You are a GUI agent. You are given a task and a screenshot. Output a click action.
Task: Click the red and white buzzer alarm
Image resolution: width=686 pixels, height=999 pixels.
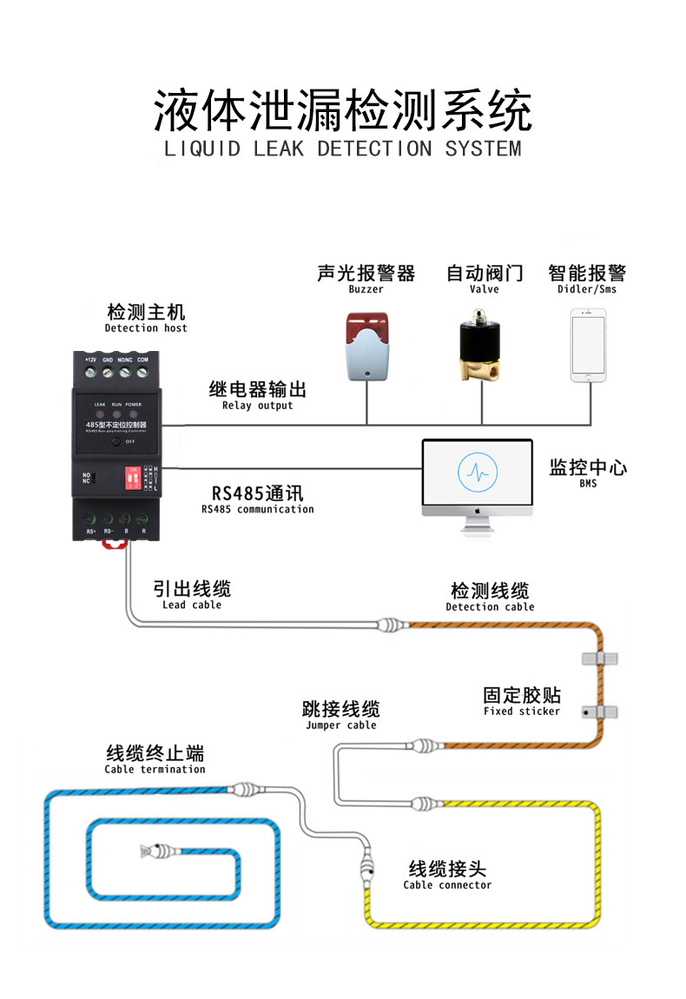(366, 346)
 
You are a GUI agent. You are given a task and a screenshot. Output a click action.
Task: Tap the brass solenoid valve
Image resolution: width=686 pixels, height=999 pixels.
(483, 345)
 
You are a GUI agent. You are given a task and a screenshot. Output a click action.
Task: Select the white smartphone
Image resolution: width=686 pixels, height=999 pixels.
(588, 346)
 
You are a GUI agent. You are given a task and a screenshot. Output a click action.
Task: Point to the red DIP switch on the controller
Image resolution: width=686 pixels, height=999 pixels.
(134, 478)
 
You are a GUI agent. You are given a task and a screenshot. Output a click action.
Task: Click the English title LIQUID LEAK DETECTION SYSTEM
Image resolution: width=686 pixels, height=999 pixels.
(343, 149)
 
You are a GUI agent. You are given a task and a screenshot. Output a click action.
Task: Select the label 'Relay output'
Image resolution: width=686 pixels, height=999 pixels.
(257, 406)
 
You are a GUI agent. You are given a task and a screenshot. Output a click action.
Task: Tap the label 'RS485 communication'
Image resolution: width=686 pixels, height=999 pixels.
(257, 510)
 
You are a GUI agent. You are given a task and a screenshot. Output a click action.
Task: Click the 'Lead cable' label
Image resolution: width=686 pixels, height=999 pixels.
(191, 605)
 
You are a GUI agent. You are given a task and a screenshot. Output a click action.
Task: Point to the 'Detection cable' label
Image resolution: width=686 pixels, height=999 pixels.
(490, 607)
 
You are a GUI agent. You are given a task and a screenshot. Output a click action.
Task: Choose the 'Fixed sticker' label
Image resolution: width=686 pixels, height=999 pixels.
(521, 711)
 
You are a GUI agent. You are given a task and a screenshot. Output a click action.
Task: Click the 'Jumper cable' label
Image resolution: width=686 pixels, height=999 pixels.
(340, 725)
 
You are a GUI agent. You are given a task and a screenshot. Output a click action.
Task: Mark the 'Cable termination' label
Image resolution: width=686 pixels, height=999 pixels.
(155, 769)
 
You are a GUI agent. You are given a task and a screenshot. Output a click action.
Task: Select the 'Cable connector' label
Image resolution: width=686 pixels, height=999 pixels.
(447, 885)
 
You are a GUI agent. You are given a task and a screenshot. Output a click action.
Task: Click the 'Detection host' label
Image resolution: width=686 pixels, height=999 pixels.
(146, 328)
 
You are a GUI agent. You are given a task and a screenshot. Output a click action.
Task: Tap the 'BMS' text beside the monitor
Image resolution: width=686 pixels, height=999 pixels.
(588, 484)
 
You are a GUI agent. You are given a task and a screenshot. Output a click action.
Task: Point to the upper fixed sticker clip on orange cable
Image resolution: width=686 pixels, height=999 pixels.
(600, 658)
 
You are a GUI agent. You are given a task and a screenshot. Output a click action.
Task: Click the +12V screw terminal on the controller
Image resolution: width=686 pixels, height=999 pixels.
(90, 373)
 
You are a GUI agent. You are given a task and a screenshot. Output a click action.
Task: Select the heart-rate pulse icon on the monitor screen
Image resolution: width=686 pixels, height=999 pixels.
(477, 472)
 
